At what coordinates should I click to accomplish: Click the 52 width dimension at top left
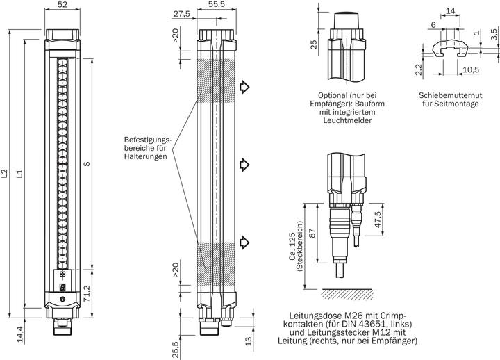[62, 6]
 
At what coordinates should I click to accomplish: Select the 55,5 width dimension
[219, 6]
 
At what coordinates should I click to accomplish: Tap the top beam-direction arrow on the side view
[244, 87]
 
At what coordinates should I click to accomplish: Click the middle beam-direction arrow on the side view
[244, 164]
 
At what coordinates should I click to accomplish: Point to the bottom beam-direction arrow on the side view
[244, 241]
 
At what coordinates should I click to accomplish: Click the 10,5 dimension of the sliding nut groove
[453, 69]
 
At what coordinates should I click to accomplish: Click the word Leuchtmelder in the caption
[347, 120]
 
